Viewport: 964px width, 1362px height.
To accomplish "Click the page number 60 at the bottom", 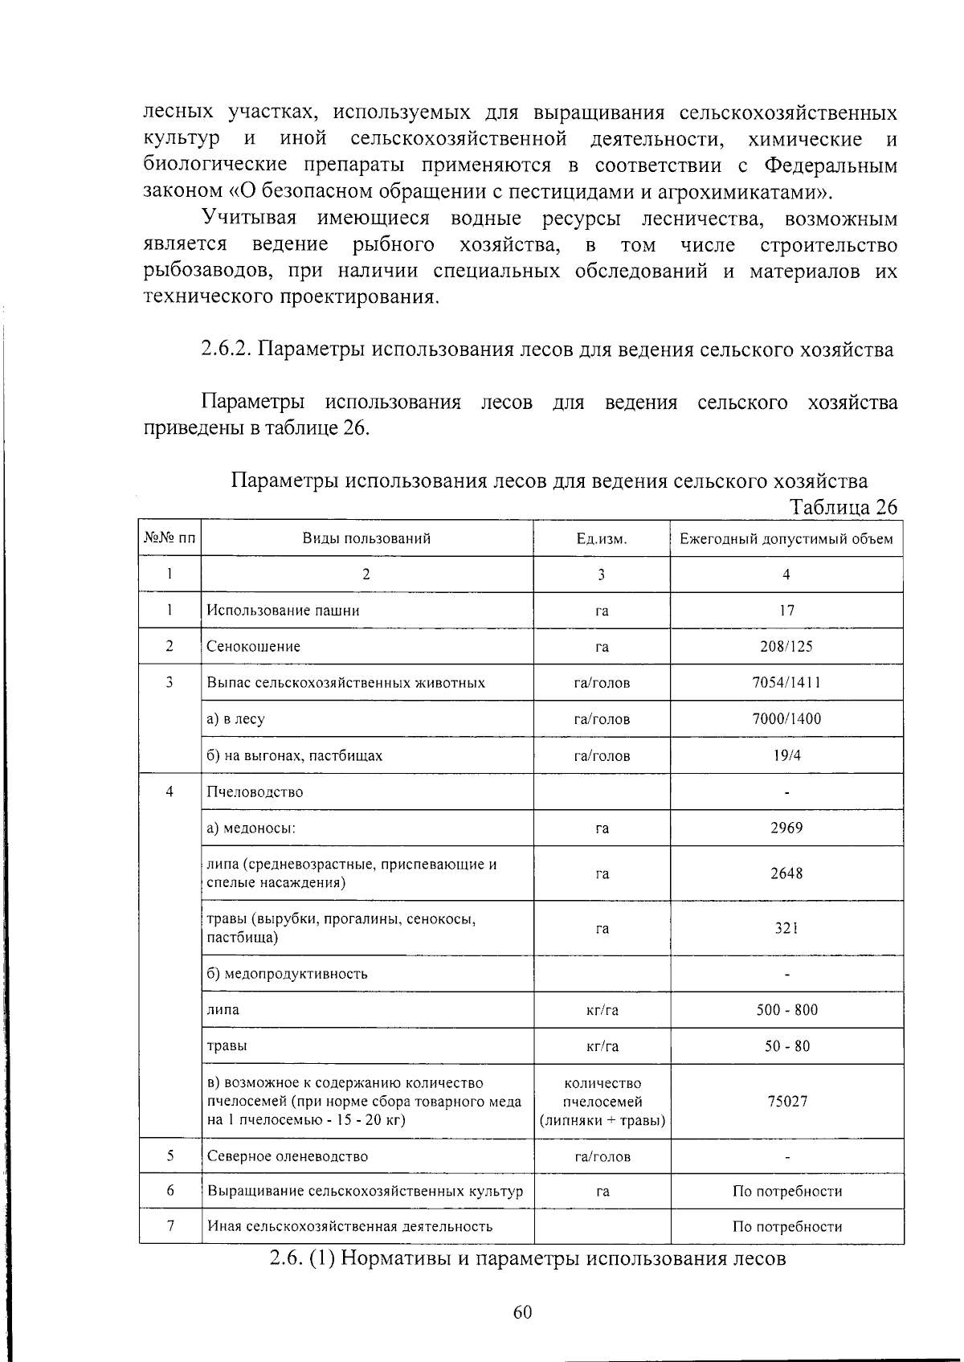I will click(522, 1312).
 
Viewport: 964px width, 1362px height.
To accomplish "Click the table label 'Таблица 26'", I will click(843, 507).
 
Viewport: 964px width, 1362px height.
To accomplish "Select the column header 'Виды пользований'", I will click(366, 538).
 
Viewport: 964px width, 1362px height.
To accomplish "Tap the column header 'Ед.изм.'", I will click(601, 539).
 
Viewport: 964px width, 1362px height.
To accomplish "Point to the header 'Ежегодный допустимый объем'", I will click(786, 538).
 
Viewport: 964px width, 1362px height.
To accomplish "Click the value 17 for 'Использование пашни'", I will click(786, 611).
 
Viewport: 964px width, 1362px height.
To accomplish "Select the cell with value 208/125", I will click(786, 647).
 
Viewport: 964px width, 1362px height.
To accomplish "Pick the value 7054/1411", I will click(786, 683).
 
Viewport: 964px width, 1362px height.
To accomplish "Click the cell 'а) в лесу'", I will click(235, 719).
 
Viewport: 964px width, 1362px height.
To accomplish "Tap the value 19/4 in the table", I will click(786, 755).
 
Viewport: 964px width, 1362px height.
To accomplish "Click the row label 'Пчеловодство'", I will click(255, 792).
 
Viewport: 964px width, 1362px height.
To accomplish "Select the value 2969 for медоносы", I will click(786, 828).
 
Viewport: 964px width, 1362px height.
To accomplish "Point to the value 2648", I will click(786, 873).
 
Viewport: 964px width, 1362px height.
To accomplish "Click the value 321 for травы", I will click(786, 928).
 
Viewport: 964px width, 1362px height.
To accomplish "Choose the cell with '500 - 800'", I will click(786, 1010).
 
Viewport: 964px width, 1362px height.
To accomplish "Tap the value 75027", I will click(786, 1102).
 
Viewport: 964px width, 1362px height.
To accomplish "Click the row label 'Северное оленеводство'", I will click(287, 1156).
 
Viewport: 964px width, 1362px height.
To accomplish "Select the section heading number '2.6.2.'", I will click(227, 350).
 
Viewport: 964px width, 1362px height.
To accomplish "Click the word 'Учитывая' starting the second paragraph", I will click(250, 219).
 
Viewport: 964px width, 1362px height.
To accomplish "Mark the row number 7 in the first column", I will click(170, 1226).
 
